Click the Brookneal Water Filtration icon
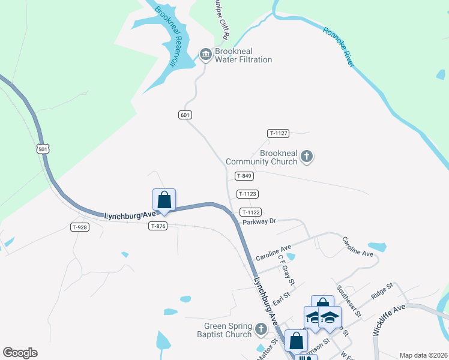[206, 55]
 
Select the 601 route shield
[185, 115]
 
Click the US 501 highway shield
[42, 148]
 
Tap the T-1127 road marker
[279, 133]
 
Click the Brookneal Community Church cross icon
[307, 157]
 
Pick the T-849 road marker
[244, 176]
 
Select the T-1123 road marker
[247, 194]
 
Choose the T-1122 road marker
[250, 212]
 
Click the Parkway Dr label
[259, 221]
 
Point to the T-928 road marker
[80, 227]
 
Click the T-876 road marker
[158, 226]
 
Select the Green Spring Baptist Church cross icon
[261, 329]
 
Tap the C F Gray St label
[286, 270]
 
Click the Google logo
[20, 353]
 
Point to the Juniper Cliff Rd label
[221, 20]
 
